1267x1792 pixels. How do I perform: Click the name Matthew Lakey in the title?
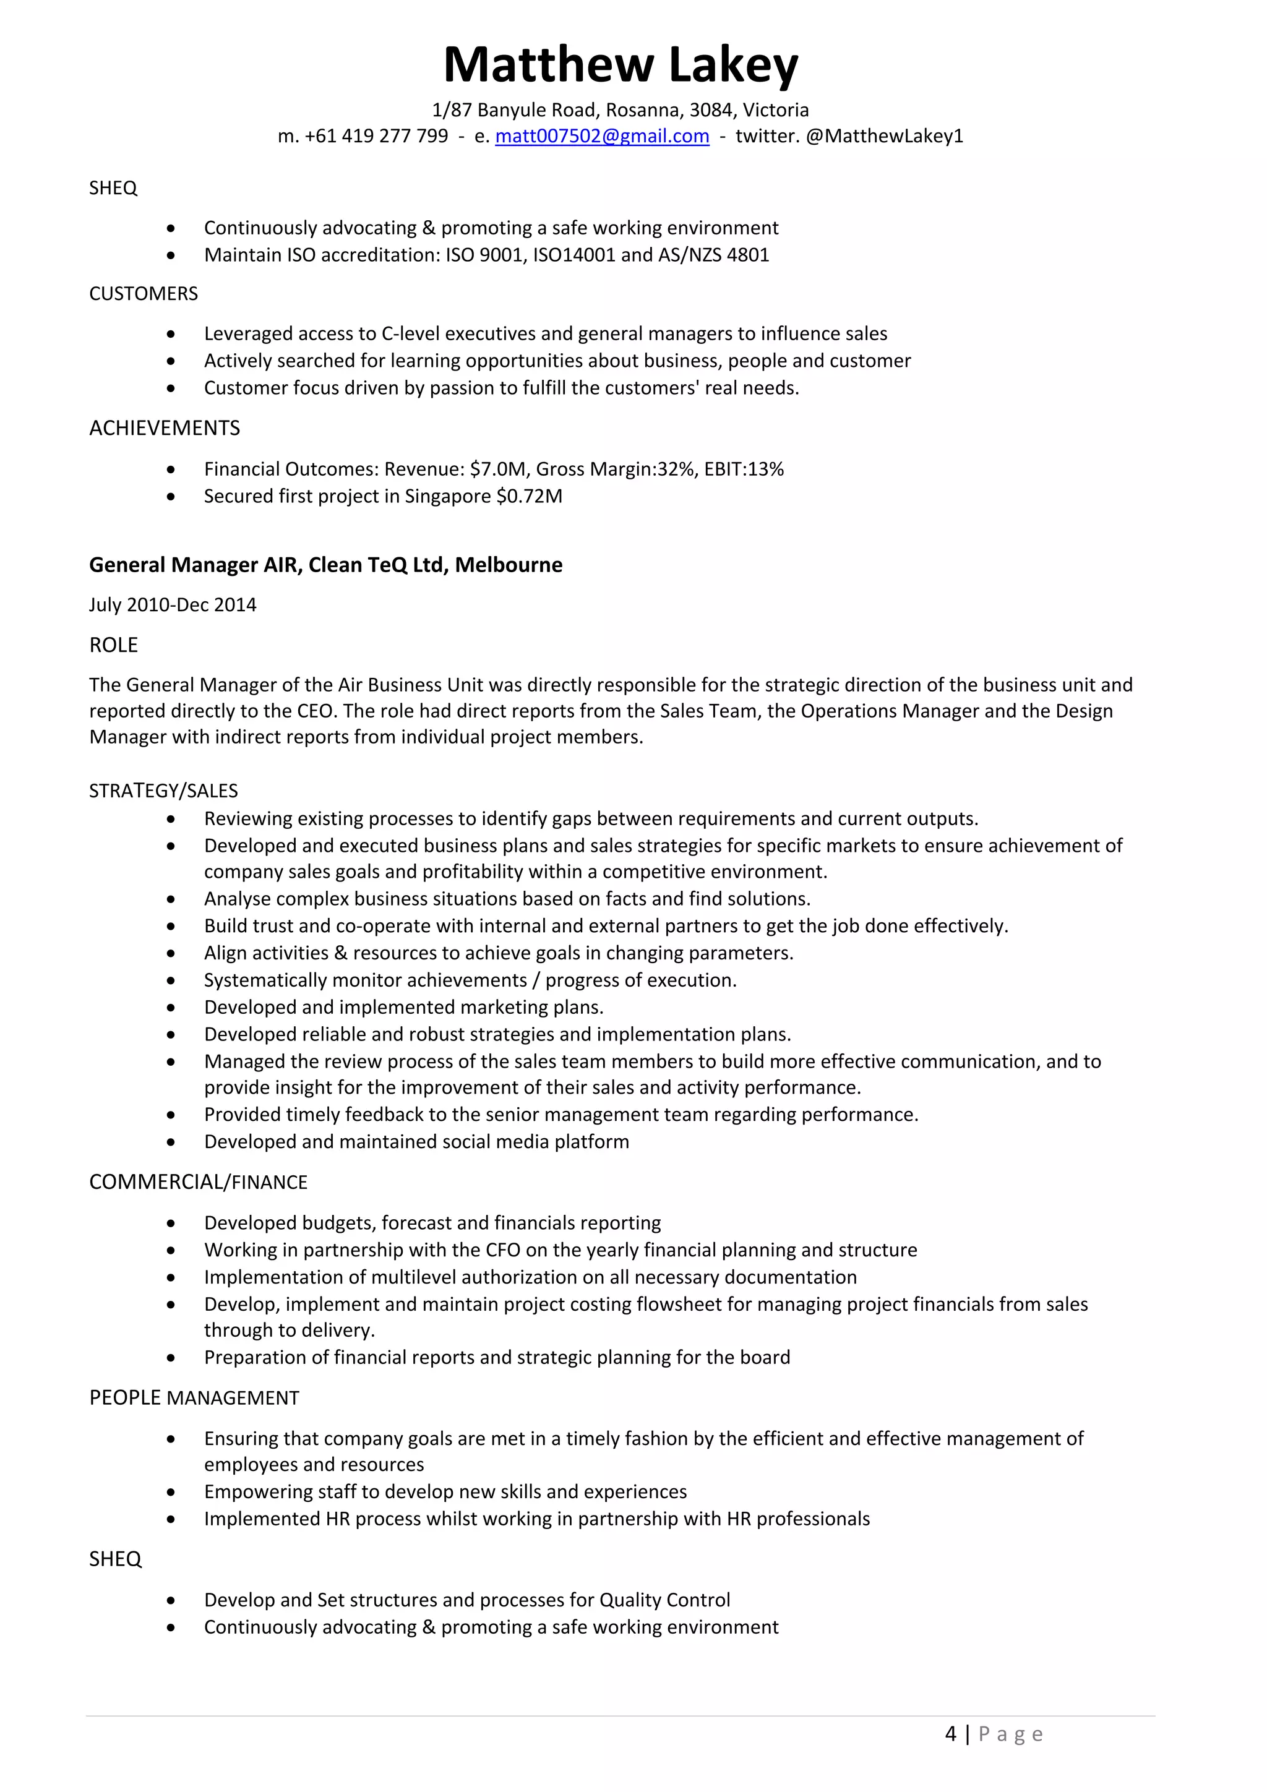[x=621, y=65]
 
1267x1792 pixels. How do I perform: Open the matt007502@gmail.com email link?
[x=602, y=136]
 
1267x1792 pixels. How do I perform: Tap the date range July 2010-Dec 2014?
[x=173, y=605]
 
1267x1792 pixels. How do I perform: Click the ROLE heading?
[x=113, y=645]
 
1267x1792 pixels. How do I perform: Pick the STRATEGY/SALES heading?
[x=163, y=791]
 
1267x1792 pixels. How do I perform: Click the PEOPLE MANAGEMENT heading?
[x=194, y=1398]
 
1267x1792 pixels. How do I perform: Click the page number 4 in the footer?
[x=950, y=1734]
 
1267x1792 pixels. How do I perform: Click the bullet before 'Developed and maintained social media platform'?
[x=171, y=1142]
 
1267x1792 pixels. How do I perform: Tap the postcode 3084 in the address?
[x=710, y=110]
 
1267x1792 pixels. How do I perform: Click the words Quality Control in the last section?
[x=664, y=1600]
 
